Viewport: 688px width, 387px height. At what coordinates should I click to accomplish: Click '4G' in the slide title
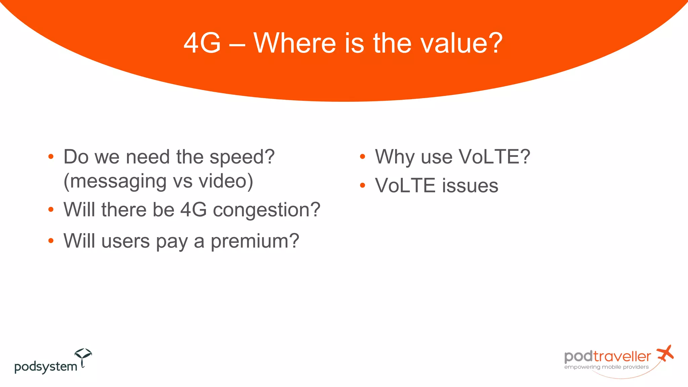(x=202, y=43)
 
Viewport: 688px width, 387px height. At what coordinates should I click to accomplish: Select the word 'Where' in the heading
(x=294, y=43)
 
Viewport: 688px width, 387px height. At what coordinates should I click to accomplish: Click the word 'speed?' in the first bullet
(x=242, y=157)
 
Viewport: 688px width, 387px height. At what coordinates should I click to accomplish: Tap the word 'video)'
(x=226, y=181)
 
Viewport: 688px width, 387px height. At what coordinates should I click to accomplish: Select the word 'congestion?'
(x=266, y=210)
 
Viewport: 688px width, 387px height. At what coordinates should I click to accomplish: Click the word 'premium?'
(x=255, y=241)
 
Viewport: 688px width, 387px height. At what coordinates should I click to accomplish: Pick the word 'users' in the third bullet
(x=125, y=241)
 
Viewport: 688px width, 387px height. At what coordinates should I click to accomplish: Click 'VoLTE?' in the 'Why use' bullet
(x=494, y=157)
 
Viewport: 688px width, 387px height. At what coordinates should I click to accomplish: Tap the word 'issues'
(x=470, y=186)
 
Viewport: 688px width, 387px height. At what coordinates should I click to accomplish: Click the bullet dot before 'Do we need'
(x=51, y=157)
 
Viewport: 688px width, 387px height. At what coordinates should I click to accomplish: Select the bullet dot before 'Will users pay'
(x=51, y=241)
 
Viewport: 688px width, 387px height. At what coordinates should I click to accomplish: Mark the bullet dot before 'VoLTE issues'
(x=362, y=185)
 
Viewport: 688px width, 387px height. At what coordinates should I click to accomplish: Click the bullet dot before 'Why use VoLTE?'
(x=362, y=157)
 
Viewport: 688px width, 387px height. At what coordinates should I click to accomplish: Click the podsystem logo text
(x=46, y=367)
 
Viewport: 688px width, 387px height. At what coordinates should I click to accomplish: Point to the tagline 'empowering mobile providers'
(x=606, y=367)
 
